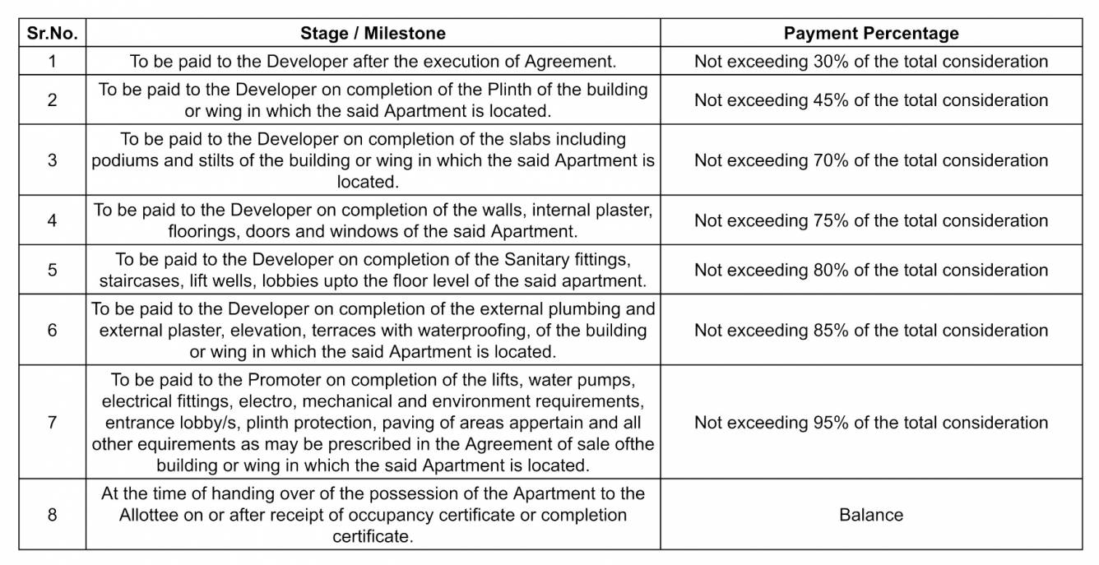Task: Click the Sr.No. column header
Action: click(52, 34)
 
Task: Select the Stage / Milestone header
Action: click(373, 34)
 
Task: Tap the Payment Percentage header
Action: click(871, 34)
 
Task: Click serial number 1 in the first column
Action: click(52, 61)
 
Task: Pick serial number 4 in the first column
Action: click(52, 220)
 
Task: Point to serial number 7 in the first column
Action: click(52, 423)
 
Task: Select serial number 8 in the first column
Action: click(52, 515)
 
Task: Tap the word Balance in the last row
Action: click(871, 515)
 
